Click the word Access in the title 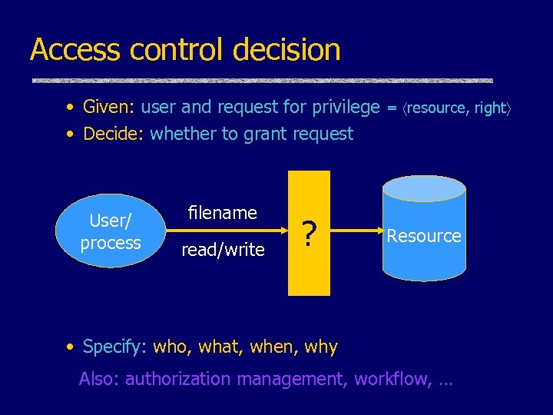pyautogui.click(x=75, y=50)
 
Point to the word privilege pyautogui.click(x=343, y=107)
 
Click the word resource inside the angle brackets pyautogui.click(x=437, y=108)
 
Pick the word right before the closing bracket pyautogui.click(x=488, y=108)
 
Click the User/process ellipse pyautogui.click(x=110, y=231)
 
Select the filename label pyautogui.click(x=223, y=212)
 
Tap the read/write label pyautogui.click(x=223, y=249)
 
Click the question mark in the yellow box pyautogui.click(x=308, y=234)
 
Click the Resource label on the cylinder pyautogui.click(x=424, y=236)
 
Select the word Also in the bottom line pyautogui.click(x=99, y=379)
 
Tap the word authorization pyautogui.click(x=177, y=379)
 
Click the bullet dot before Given pyautogui.click(x=70, y=107)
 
